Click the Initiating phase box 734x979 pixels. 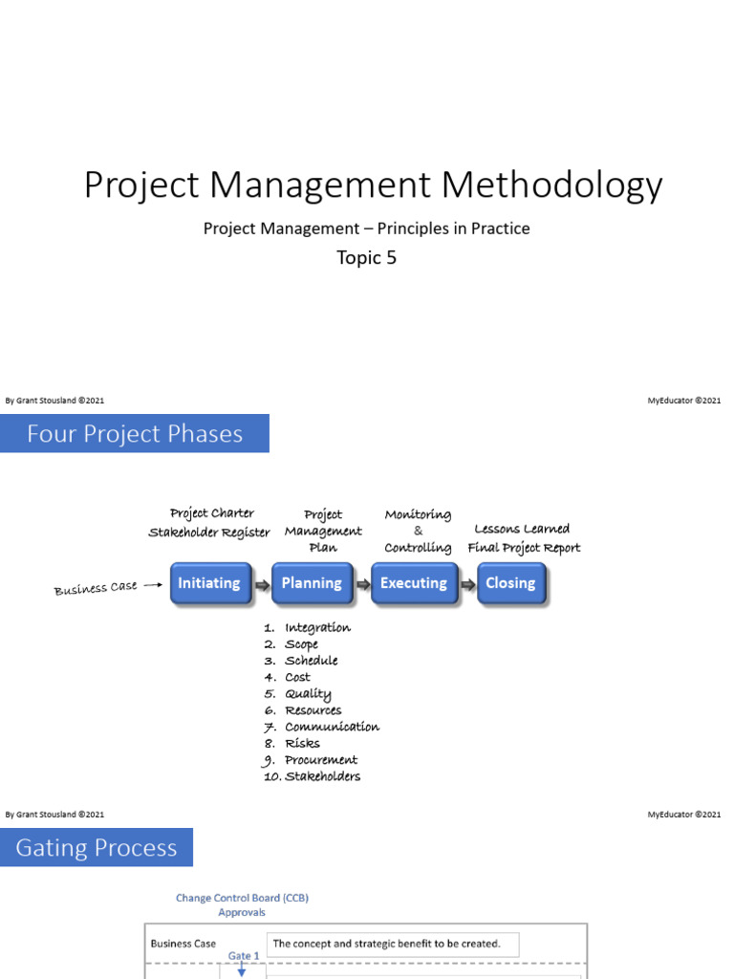click(209, 583)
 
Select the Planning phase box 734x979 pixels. click(312, 583)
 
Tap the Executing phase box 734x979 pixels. click(413, 583)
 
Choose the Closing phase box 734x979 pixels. click(510, 583)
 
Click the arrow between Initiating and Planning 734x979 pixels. click(261, 584)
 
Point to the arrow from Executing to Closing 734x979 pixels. click(466, 584)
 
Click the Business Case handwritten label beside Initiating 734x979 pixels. click(96, 588)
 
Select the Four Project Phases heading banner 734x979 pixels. click(135, 434)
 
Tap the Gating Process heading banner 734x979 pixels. click(97, 848)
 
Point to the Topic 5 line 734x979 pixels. click(366, 257)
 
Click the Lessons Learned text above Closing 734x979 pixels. click(522, 529)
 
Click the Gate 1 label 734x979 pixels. click(244, 955)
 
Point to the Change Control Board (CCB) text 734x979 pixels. click(242, 898)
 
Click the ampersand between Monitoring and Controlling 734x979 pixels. click(418, 531)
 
